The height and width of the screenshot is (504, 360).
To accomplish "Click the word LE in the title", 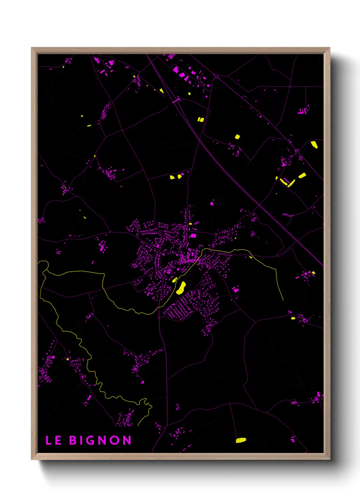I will tap(53, 440).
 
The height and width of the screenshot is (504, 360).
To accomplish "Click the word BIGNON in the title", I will tap(100, 440).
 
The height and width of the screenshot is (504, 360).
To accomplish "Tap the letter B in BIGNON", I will tap(73, 440).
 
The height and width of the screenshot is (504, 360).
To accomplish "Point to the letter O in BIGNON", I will tap(115, 440).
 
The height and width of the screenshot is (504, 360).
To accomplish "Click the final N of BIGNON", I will tap(127, 440).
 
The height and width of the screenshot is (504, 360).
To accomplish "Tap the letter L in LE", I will tap(48, 440).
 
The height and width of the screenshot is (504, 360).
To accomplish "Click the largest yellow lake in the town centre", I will tap(181, 288).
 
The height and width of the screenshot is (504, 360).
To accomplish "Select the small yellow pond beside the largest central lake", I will tap(175, 280).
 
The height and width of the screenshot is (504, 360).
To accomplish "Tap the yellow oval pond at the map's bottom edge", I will tap(241, 440).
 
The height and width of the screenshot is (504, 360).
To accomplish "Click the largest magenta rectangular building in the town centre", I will tap(193, 236).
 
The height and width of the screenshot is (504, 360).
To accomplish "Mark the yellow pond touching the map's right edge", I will tap(314, 145).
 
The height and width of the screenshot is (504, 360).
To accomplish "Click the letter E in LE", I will tap(58, 440).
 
